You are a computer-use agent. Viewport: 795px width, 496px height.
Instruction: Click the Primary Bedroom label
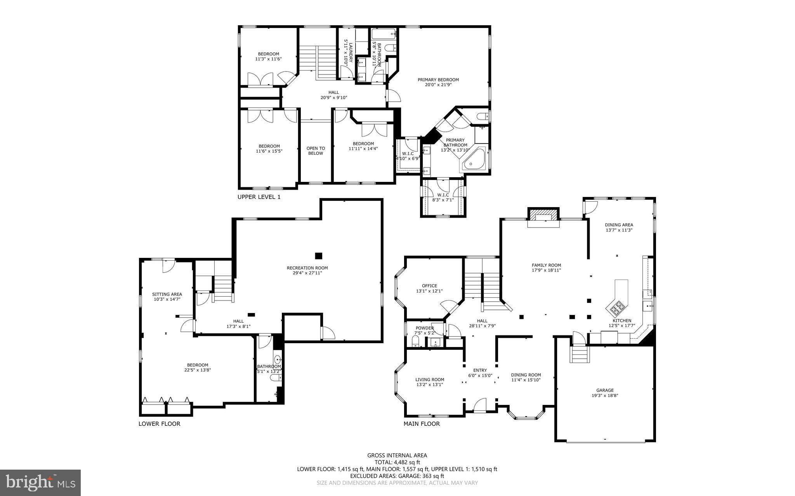coord(438,79)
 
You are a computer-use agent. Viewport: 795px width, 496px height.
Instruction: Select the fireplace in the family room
coord(543,218)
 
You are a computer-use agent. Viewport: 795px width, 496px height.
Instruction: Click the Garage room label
coord(605,390)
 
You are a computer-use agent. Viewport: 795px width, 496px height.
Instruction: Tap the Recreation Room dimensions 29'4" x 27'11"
coord(307,273)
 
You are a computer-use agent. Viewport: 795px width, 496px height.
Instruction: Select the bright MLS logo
coord(40,482)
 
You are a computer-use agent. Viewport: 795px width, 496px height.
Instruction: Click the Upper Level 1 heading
coord(259,197)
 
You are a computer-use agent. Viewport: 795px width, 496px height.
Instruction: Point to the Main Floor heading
coord(422,424)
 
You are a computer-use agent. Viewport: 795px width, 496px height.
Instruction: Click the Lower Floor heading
coord(159,424)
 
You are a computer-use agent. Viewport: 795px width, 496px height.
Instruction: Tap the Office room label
coord(429,286)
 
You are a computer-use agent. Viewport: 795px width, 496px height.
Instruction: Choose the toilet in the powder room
coord(415,342)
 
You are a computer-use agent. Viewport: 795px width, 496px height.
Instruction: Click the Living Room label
coord(429,380)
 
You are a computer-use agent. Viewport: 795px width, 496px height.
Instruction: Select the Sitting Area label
coord(167,294)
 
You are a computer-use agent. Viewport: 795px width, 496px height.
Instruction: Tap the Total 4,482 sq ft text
coord(397,462)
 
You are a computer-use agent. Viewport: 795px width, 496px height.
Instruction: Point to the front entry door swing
coord(480,405)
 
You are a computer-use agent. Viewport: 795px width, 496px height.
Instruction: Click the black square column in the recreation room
coord(318,256)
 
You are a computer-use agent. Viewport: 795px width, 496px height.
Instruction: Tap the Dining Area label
coord(619,225)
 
